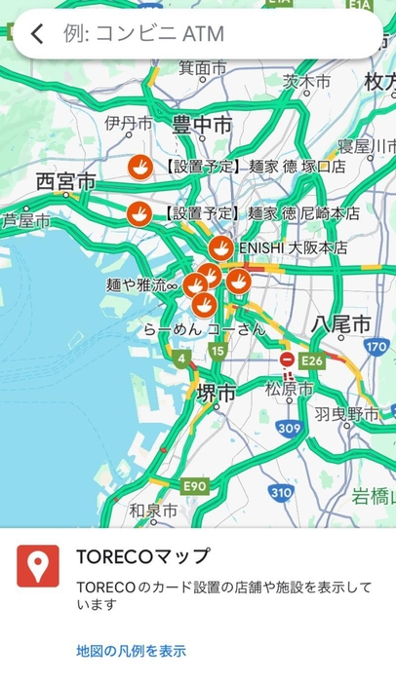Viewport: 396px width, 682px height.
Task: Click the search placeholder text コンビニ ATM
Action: click(x=143, y=35)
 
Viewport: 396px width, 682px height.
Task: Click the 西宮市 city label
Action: click(x=65, y=182)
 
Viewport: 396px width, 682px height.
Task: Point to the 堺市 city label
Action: click(x=216, y=393)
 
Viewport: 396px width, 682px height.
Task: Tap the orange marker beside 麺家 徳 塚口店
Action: click(x=140, y=167)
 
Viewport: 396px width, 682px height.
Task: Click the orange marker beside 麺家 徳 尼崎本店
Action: click(x=140, y=212)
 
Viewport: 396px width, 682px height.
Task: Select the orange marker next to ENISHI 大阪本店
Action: click(x=221, y=247)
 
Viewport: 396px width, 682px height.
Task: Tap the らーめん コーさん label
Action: click(x=204, y=329)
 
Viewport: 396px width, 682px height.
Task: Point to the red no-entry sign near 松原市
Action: click(x=287, y=360)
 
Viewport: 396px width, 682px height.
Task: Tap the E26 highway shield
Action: click(x=312, y=360)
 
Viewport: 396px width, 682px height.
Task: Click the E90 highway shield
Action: click(x=194, y=485)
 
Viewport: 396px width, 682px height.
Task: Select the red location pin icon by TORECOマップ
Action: click(x=38, y=566)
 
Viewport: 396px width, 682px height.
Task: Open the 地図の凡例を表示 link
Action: click(x=131, y=651)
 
